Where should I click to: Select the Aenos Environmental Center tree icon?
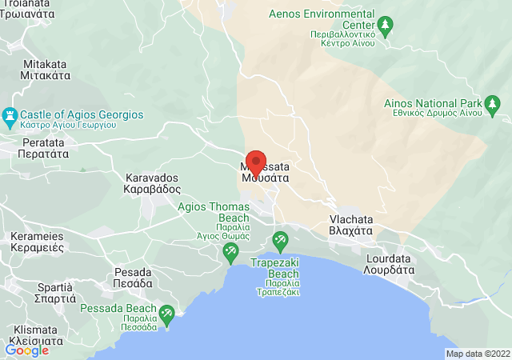(x=385, y=27)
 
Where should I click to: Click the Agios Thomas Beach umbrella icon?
(x=230, y=253)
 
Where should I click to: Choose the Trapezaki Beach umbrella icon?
(x=280, y=239)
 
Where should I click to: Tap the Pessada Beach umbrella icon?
(x=167, y=314)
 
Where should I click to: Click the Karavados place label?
(x=153, y=184)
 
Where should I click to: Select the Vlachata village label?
(x=351, y=223)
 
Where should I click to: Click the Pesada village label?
(x=133, y=277)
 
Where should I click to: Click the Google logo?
(x=27, y=350)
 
